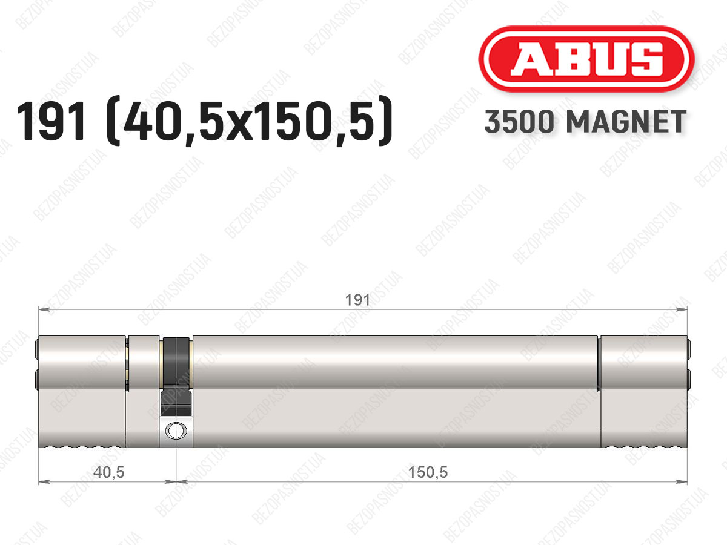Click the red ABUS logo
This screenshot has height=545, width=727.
point(586,59)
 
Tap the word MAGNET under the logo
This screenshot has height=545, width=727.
point(626,122)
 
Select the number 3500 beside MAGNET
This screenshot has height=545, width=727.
point(519,122)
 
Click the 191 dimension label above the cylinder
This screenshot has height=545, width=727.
point(357,300)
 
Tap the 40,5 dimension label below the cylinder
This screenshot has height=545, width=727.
point(108,472)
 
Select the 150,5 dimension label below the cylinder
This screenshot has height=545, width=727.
point(428,472)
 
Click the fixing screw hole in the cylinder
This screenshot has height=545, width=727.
point(176,431)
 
